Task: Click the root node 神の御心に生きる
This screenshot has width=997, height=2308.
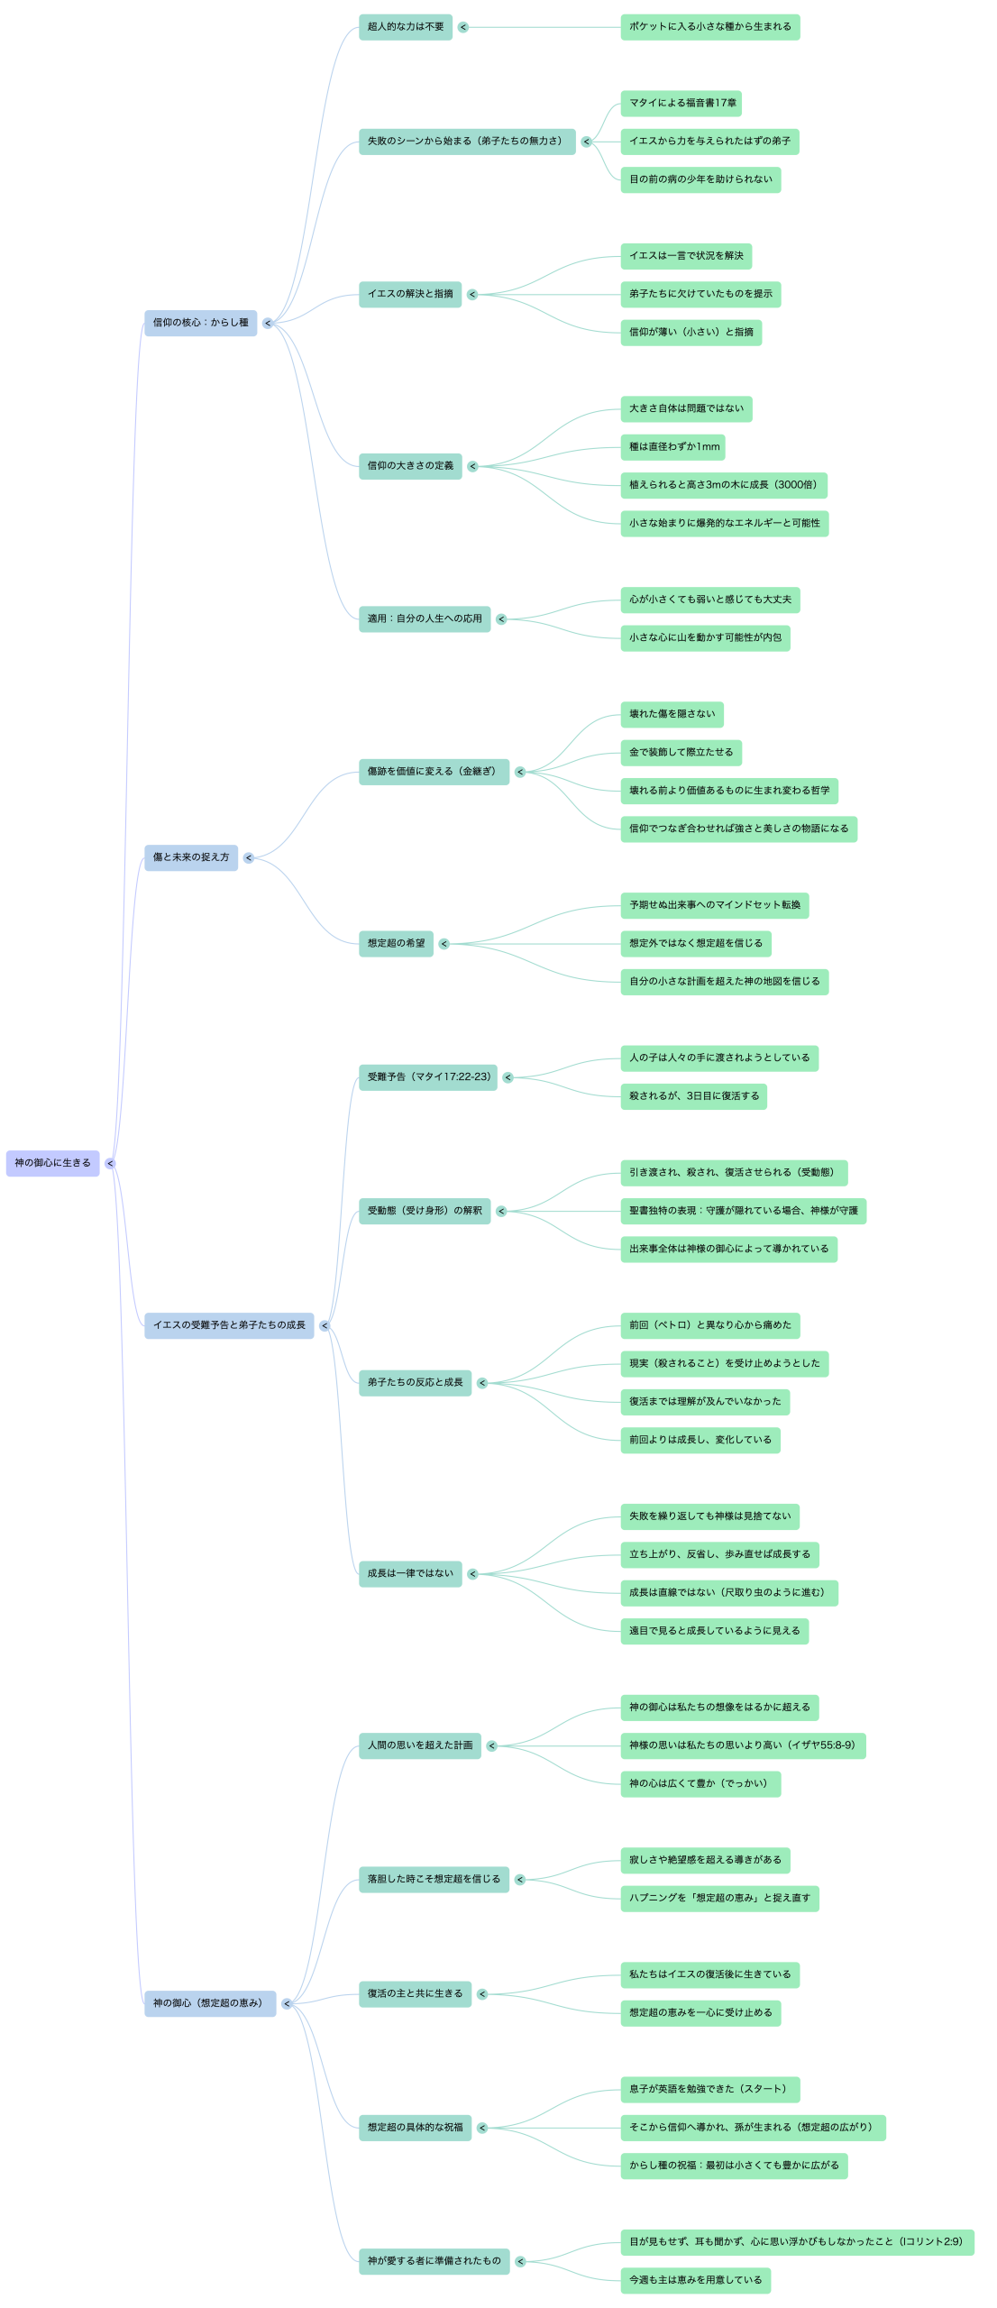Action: pos(52,1163)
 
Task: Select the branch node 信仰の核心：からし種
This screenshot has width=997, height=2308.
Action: pos(200,323)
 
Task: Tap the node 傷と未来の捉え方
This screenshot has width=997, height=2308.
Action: pos(191,857)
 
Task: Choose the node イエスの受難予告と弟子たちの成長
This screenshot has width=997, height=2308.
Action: pos(229,1325)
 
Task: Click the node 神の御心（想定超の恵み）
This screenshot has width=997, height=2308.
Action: pos(210,2003)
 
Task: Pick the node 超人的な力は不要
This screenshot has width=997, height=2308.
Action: pos(406,27)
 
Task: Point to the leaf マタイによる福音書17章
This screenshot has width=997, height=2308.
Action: pos(681,104)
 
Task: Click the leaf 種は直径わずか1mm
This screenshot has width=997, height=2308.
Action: pos(672,447)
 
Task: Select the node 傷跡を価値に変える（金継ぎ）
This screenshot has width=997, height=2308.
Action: pos(434,772)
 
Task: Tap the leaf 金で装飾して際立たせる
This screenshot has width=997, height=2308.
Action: pos(681,753)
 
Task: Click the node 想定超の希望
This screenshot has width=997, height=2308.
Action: pos(396,944)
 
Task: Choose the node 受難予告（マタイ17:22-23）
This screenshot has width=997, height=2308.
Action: pos(428,1077)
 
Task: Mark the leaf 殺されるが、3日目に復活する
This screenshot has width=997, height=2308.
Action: pos(693,1096)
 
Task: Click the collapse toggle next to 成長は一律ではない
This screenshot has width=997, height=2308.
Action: pos(472,1574)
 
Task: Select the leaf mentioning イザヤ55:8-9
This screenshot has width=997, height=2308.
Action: pos(742,1745)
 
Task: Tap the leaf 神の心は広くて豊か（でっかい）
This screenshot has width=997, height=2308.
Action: pos(700,1783)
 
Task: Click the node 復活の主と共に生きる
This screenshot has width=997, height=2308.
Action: pos(415,1993)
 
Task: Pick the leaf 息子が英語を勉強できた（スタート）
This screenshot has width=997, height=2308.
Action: pos(709,2089)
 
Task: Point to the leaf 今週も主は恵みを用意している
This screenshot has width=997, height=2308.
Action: pos(695,2280)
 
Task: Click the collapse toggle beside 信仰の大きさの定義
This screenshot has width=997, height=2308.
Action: pos(472,466)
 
